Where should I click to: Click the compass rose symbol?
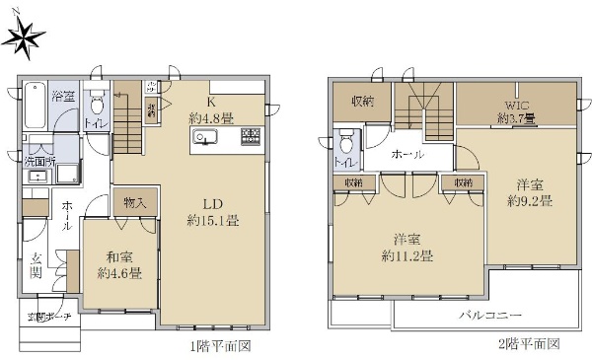[27, 36]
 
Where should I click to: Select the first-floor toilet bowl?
[96, 105]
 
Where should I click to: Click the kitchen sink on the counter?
[206, 137]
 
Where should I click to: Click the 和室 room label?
[119, 258]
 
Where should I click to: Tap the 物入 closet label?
[136, 203]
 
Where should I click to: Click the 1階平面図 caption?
[221, 346]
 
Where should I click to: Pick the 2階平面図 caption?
[528, 345]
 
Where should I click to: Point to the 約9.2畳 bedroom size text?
[530, 200]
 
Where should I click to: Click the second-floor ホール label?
[407, 156]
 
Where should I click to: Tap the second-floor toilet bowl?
[344, 141]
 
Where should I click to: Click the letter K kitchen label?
[210, 102]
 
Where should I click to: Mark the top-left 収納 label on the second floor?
[361, 101]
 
